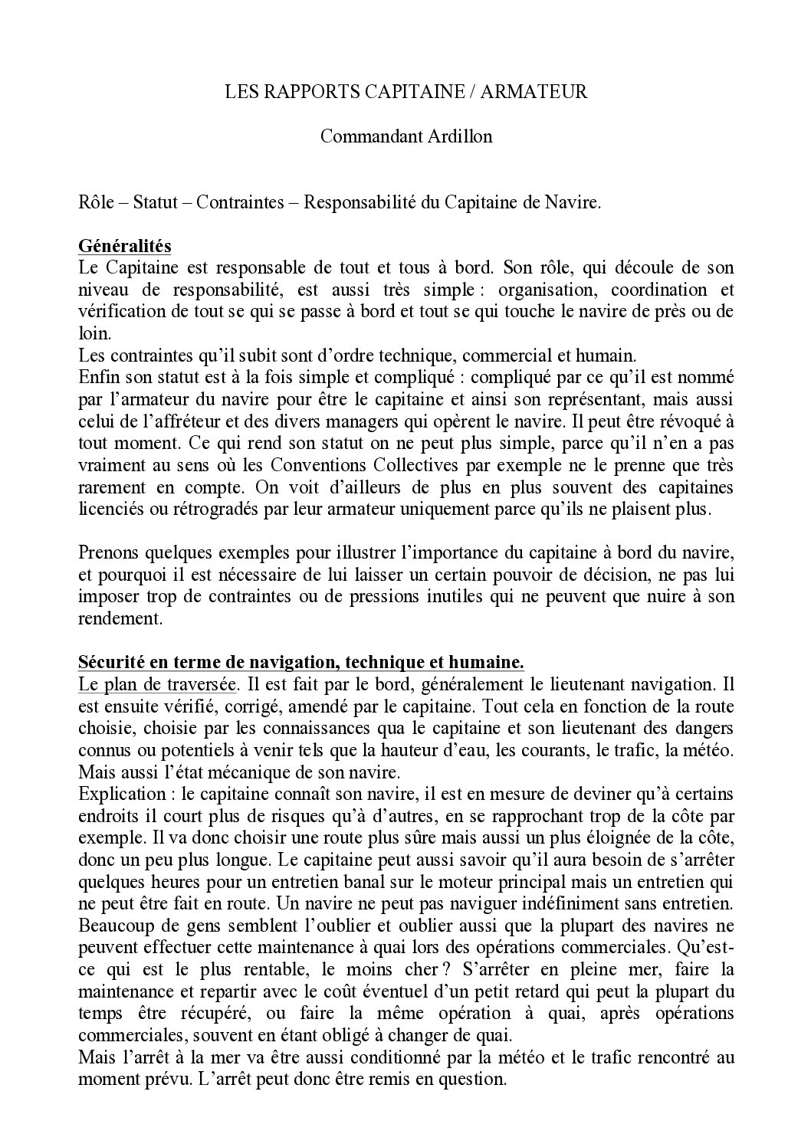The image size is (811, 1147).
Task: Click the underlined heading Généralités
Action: click(125, 247)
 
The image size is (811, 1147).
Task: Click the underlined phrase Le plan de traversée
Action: click(156, 683)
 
